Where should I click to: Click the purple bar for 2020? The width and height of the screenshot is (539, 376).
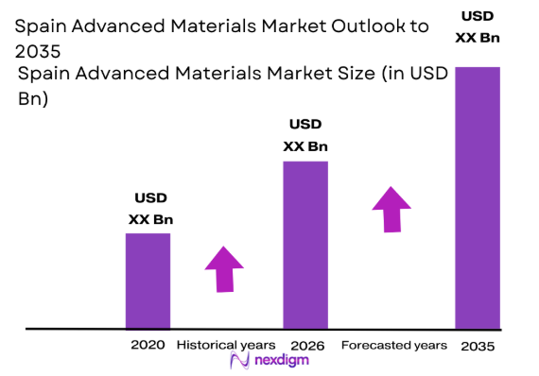148,281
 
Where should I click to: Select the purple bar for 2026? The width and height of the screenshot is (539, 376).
305,245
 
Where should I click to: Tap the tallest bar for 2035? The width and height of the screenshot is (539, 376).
478,197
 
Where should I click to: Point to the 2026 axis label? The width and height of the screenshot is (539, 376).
305,345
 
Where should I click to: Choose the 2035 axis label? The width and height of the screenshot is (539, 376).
478,346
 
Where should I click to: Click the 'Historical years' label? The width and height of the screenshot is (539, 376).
226,345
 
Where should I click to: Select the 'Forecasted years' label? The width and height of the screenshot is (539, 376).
394,345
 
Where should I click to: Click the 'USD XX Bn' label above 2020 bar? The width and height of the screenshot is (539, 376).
150,210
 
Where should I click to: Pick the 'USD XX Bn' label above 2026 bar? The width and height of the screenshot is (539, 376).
305,135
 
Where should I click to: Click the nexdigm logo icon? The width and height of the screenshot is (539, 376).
238,362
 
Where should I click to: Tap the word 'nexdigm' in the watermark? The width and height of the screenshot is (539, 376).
279,361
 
